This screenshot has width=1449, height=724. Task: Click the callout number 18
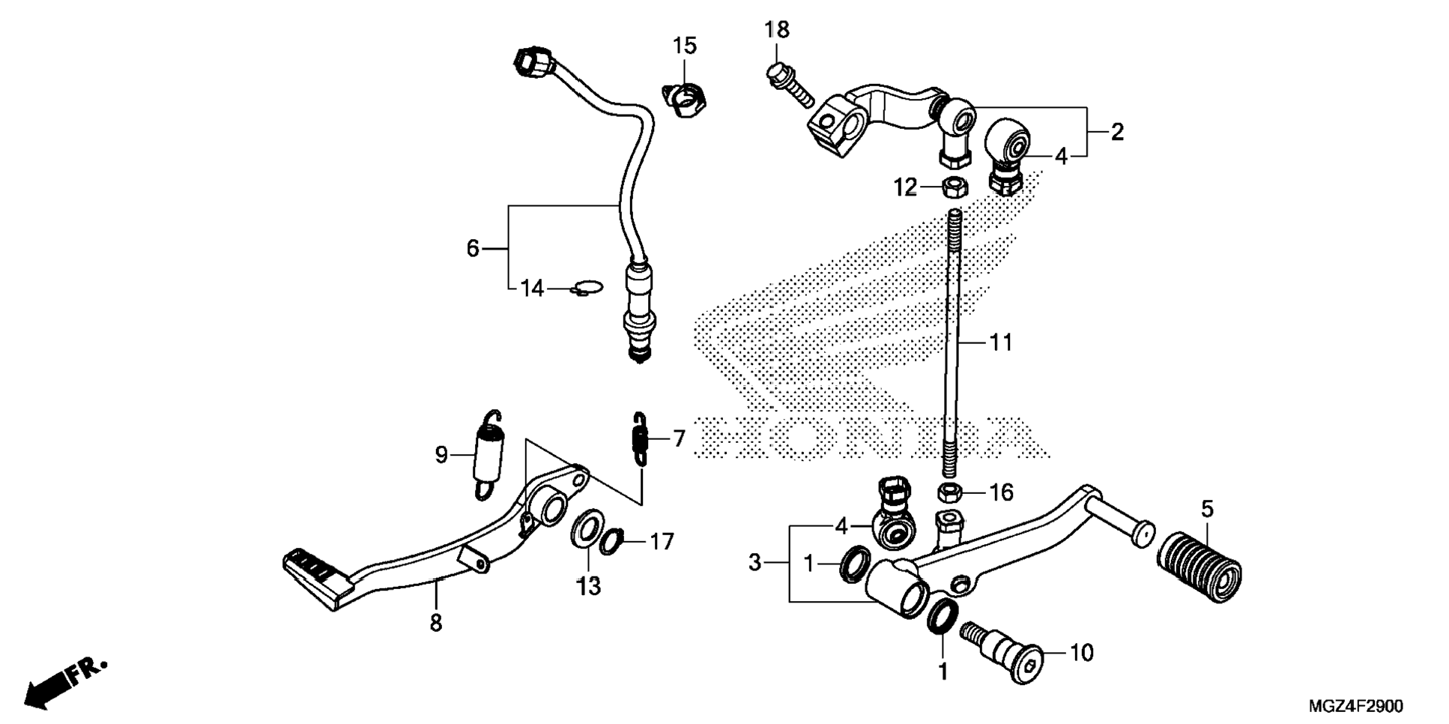pyautogui.click(x=777, y=30)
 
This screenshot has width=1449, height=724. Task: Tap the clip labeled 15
pyautogui.click(x=159, y=100)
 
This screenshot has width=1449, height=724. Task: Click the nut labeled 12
pyautogui.click(x=952, y=186)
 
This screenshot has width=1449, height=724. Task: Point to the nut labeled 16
pyautogui.click(x=951, y=492)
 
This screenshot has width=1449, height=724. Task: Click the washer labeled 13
pyautogui.click(x=588, y=530)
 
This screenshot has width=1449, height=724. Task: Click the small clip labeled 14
pyautogui.click(x=586, y=288)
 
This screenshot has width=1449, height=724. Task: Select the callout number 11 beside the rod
pyautogui.click(x=1001, y=343)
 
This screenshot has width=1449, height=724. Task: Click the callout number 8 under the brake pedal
pyautogui.click(x=436, y=622)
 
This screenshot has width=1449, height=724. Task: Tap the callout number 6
pyautogui.click(x=472, y=248)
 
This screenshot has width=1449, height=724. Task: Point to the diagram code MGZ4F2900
pyautogui.click(x=1355, y=706)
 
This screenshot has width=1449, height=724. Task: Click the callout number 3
pyautogui.click(x=754, y=561)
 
